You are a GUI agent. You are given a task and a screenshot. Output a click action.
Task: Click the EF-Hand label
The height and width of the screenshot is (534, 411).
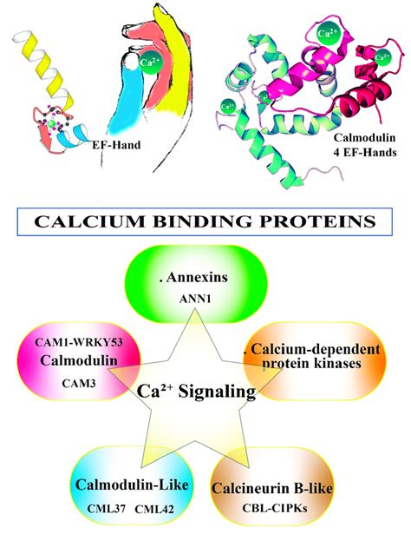click(116, 145)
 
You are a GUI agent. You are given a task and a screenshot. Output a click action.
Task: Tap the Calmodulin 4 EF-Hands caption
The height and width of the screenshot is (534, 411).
click(365, 145)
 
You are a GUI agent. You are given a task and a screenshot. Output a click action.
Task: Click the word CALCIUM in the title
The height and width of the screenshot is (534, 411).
click(90, 221)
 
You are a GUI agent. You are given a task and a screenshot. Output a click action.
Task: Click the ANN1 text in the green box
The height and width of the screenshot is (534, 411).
click(195, 299)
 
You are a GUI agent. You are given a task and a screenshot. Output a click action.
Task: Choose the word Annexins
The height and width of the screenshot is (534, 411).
click(193, 277)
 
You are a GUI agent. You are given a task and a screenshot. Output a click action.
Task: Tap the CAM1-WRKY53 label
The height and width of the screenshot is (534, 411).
click(79, 342)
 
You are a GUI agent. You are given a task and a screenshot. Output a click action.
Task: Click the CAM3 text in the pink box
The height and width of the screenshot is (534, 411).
click(79, 384)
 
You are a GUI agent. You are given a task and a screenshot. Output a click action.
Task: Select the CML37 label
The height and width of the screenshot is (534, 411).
click(107, 509)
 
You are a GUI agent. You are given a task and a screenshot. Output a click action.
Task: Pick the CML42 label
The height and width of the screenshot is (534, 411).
click(154, 509)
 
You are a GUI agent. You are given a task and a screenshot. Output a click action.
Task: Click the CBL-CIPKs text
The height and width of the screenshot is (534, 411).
click(275, 508)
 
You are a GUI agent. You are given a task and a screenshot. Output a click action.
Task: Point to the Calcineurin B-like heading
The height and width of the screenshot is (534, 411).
click(272, 488)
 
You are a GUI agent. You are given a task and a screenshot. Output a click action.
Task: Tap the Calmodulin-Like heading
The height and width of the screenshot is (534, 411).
click(132, 485)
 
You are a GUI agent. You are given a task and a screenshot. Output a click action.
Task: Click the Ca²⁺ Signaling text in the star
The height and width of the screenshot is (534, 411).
click(196, 391)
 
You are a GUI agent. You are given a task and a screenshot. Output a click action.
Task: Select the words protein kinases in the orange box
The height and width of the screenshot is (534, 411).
click(311, 363)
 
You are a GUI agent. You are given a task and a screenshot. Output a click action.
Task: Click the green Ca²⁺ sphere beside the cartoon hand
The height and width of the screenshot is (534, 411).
click(151, 63)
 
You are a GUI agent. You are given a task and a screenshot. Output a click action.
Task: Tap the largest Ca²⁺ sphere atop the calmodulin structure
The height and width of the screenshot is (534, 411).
click(328, 33)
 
